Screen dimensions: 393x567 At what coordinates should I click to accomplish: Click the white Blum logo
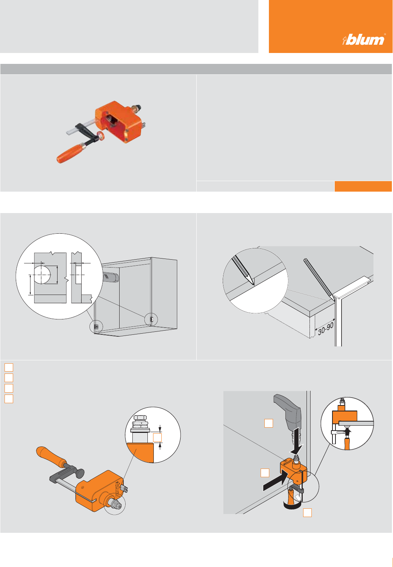tap(364, 39)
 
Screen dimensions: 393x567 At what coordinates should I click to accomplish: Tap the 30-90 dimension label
tap(326, 328)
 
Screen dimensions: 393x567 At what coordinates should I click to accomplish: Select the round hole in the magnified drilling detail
tap(42, 275)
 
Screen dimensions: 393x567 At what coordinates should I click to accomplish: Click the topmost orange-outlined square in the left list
tap(9, 367)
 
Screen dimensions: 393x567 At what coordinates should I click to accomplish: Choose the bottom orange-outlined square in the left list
tap(9, 399)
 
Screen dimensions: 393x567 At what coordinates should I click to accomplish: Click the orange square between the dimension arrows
tap(157, 437)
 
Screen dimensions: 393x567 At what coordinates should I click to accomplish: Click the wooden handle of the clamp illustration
tap(51, 456)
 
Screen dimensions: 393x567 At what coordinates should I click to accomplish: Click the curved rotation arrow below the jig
tap(291, 506)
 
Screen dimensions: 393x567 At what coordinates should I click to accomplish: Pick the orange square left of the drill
tap(269, 423)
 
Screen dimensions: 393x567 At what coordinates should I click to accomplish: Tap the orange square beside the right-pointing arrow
tap(265, 473)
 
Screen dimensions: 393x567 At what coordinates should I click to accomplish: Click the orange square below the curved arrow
tap(307, 512)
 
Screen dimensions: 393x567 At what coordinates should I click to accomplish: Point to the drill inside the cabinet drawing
tap(111, 277)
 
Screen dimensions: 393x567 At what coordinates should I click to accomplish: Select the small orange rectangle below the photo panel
tap(363, 186)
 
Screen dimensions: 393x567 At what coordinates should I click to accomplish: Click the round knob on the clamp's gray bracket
tap(80, 472)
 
